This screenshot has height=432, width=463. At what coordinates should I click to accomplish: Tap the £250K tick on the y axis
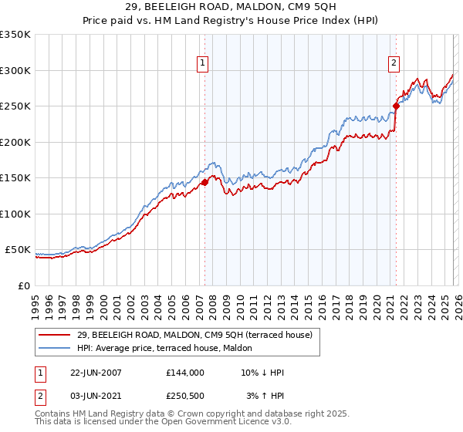[x=15, y=106]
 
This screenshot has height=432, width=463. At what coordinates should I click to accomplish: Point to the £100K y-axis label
[x=15, y=214]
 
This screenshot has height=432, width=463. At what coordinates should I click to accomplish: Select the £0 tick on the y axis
[x=25, y=285]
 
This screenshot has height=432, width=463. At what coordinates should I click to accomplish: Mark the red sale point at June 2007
[x=205, y=183]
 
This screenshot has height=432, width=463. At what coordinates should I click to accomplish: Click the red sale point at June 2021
[x=396, y=106]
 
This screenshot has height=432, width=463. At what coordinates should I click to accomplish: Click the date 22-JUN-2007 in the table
[x=96, y=373]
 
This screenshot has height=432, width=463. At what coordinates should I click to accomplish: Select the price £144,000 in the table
[x=184, y=373]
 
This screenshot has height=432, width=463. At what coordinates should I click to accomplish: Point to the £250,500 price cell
[x=184, y=396]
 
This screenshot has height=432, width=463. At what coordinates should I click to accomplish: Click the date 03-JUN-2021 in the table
[x=96, y=396]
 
